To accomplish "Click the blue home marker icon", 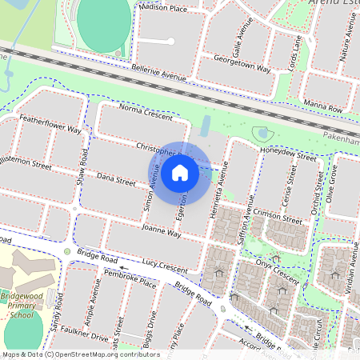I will coord(180,172).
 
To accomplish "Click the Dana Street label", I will coord(116,182).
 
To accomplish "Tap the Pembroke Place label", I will coord(130,282).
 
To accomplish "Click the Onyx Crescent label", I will coord(272,270).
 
